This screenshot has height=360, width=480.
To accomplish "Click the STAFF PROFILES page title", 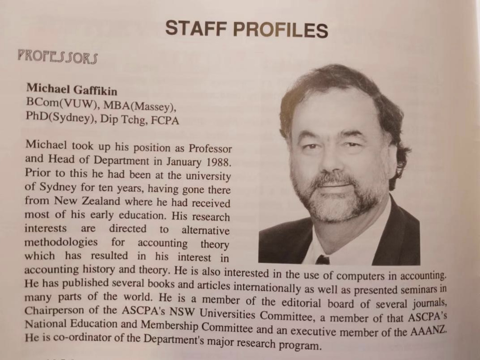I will (x=246, y=30).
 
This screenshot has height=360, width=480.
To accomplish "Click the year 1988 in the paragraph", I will (x=217, y=161).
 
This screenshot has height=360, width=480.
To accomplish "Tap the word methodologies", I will (x=61, y=242).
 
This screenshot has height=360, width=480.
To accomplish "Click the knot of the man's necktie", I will (x=322, y=259).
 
